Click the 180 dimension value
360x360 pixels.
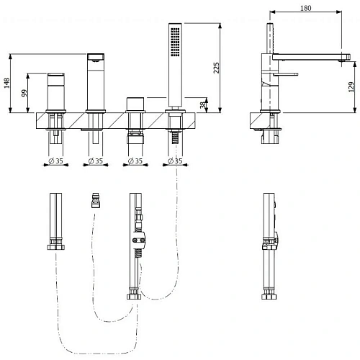pyautogui.click(x=306, y=8)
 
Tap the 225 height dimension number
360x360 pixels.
pyautogui.click(x=216, y=68)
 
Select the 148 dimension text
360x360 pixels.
pyautogui.click(x=6, y=83)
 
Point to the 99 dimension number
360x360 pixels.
pyautogui.click(x=24, y=93)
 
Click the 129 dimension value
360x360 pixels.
pyautogui.click(x=351, y=87)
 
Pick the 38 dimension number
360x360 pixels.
pyautogui.click(x=203, y=105)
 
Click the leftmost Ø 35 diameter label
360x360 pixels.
pyautogui.click(x=55, y=161)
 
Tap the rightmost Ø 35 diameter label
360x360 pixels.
pyautogui.click(x=175, y=161)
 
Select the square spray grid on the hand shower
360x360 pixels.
pyautogui.click(x=175, y=42)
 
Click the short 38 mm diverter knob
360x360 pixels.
pyautogui.click(x=135, y=104)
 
